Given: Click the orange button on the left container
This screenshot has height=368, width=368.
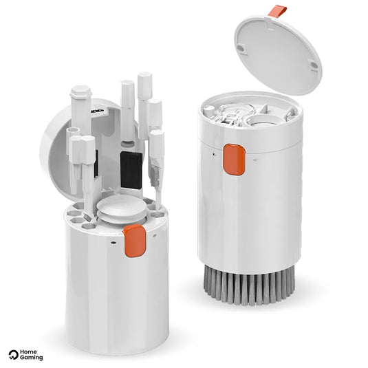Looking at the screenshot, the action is pyautogui.click(x=135, y=240).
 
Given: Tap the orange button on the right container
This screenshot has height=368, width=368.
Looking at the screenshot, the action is pyautogui.click(x=235, y=160).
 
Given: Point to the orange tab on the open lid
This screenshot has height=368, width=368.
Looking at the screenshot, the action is pyautogui.click(x=278, y=12).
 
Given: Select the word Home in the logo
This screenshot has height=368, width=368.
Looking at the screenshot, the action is pyautogui.click(x=28, y=352).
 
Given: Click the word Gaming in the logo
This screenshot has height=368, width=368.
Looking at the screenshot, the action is pyautogui.click(x=31, y=358).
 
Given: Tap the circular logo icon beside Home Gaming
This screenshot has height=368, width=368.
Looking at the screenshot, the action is pyautogui.click(x=13, y=355).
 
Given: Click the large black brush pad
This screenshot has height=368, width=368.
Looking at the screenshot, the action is pyautogui.click(x=131, y=170).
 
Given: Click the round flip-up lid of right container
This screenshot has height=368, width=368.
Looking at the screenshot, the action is pyautogui.click(x=278, y=54).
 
